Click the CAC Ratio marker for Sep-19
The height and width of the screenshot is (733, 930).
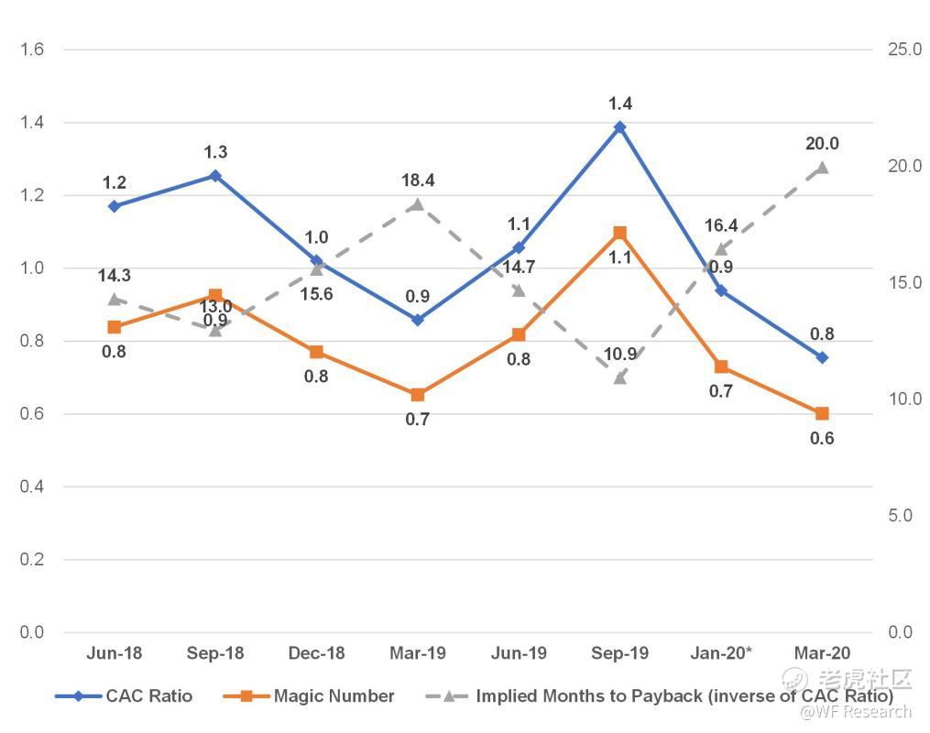[619, 127]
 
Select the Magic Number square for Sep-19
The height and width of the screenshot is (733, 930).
[619, 233]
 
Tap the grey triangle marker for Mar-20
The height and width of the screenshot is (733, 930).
[822, 168]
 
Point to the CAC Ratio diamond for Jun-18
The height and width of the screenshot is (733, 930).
[114, 206]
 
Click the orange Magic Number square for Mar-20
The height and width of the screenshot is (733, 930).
[822, 414]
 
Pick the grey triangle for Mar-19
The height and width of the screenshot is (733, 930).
[418, 204]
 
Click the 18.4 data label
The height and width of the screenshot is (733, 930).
[418, 181]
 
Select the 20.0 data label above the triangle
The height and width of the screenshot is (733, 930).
[822, 144]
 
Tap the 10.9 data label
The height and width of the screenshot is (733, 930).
[620, 354]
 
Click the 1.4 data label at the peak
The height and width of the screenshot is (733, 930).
[620, 104]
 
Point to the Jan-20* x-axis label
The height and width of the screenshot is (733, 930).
[721, 653]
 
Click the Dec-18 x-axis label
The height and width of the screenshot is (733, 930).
[316, 653]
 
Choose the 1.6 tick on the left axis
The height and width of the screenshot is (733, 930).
[32, 49]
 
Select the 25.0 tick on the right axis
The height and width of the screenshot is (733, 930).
[904, 49]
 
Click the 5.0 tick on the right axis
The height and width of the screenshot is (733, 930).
[901, 516]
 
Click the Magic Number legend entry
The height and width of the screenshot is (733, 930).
[334, 696]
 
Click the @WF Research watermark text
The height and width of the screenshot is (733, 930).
[856, 712]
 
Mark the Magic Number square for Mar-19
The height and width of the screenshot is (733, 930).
[418, 395]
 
